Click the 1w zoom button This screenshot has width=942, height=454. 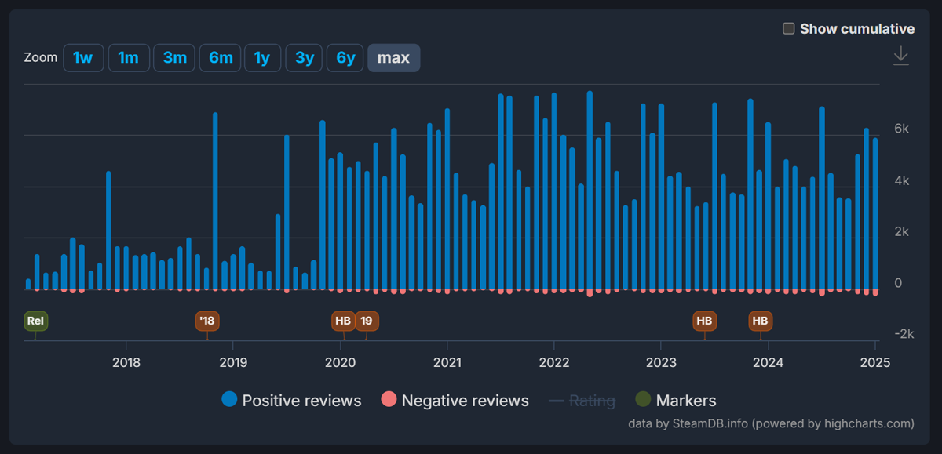click(83, 58)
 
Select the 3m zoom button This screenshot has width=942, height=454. click(174, 58)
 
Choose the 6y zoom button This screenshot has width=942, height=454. click(346, 58)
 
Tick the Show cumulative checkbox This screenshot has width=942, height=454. click(789, 29)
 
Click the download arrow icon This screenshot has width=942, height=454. click(900, 56)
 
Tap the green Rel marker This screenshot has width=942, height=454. click(35, 321)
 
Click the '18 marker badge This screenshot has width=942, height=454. click(207, 321)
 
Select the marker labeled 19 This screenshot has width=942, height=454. click(367, 321)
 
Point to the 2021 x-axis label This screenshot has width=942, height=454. click(447, 362)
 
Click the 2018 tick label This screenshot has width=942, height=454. click(126, 362)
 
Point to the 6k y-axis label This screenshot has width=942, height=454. click(902, 129)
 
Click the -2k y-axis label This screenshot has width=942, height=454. click(900, 334)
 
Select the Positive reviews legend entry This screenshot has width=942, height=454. click(292, 401)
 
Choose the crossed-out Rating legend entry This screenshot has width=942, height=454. click(582, 401)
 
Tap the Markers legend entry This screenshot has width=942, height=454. click(677, 401)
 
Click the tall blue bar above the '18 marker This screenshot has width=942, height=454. click(215, 200)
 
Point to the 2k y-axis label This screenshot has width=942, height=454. click(902, 232)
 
